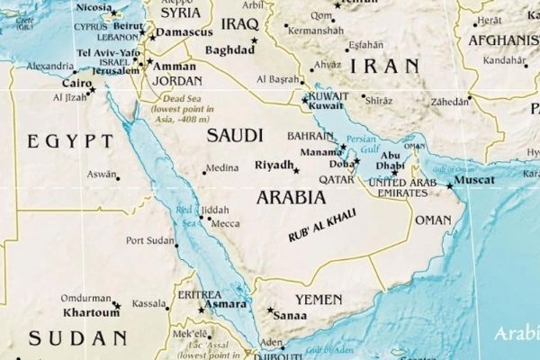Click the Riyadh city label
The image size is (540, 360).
(x=274, y=166)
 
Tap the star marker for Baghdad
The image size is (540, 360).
(x=255, y=40)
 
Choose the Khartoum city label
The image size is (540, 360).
(x=90, y=313)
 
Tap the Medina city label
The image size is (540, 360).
(x=221, y=167)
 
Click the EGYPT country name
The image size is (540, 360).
(x=70, y=141)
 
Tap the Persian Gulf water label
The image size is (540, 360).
(x=362, y=144)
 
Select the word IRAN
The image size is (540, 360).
(x=385, y=66)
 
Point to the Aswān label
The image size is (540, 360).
(x=102, y=174)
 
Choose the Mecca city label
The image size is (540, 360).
(x=224, y=222)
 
